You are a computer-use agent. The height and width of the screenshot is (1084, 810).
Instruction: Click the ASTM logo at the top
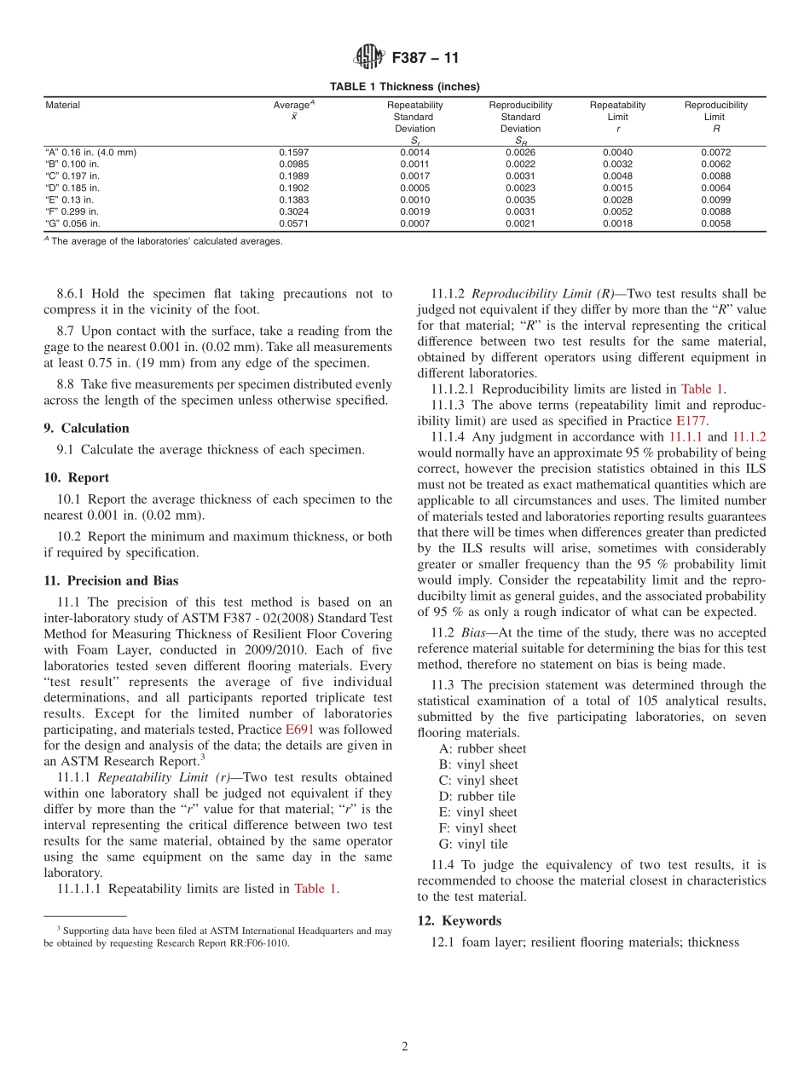point(369,58)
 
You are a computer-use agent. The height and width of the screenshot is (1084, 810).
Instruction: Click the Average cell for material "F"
point(294,211)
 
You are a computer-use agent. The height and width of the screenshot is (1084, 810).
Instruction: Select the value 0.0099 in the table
point(715,199)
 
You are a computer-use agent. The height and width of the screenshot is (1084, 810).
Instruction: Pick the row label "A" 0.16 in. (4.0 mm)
point(90,153)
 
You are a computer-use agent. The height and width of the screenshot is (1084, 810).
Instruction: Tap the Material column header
point(62,106)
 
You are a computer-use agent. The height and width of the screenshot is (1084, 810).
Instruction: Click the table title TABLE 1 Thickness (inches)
point(405,86)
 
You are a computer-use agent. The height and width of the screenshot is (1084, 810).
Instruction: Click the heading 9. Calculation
point(87,428)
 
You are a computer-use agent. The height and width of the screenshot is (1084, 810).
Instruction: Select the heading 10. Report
point(77,477)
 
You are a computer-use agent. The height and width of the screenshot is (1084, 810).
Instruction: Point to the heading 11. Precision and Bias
point(111,581)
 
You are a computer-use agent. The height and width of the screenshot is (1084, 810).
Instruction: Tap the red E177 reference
point(691,421)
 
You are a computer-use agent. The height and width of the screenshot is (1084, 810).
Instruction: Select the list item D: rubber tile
point(477,796)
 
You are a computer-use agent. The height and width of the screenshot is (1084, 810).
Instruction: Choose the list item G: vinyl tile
point(473,844)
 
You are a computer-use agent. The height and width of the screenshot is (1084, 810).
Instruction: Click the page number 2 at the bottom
point(405,1047)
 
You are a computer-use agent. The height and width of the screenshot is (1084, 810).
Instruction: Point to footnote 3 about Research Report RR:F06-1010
point(218,937)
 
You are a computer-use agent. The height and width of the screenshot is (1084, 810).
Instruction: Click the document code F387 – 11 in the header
point(425,58)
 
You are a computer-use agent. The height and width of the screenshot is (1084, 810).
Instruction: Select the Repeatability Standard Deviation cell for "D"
point(414,187)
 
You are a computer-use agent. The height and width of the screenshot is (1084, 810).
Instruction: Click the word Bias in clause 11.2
point(473,632)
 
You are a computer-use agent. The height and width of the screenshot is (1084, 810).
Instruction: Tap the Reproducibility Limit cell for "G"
point(715,223)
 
